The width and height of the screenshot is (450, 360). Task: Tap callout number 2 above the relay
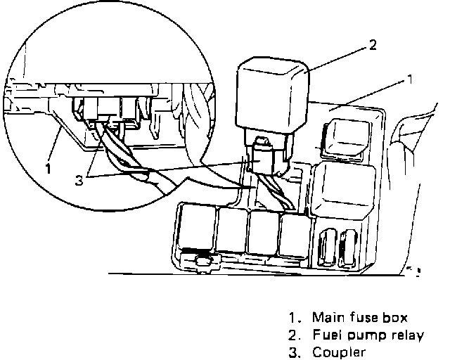coord(373,46)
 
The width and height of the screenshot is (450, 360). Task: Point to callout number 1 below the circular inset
coord(48,169)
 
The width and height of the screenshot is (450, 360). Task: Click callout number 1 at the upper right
coord(409,81)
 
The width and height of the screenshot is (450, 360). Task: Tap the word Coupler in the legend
coord(339,352)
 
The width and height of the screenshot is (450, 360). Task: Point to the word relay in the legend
coord(407,335)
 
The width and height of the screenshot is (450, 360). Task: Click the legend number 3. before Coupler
coord(293,352)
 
